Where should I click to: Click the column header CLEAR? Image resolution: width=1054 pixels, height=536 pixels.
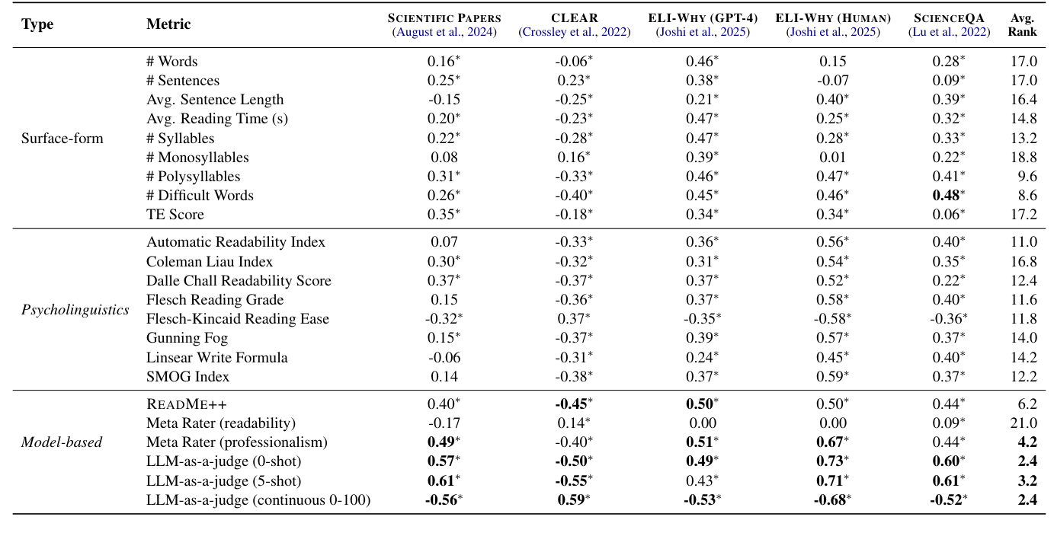(575, 18)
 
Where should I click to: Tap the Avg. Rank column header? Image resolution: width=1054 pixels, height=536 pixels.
(1023, 25)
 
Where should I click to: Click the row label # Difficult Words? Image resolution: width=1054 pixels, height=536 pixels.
(200, 195)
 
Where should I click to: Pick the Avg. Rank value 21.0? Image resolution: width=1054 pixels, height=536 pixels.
(1023, 423)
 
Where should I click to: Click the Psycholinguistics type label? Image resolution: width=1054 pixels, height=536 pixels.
(75, 309)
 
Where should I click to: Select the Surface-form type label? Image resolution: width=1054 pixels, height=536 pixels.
(62, 138)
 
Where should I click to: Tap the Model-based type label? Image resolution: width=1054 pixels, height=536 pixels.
(61, 442)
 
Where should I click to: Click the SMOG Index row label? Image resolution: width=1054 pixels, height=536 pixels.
(187, 376)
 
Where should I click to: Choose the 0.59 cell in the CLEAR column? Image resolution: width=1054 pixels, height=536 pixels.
(572, 499)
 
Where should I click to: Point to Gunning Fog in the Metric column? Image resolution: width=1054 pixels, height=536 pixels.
(187, 338)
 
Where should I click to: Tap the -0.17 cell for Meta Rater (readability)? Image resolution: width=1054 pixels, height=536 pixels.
(442, 423)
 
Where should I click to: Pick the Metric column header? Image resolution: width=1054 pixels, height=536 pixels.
(168, 24)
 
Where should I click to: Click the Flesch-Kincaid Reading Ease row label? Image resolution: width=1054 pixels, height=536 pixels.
(238, 319)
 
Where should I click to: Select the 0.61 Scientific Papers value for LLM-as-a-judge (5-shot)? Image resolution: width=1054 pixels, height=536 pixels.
(440, 480)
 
